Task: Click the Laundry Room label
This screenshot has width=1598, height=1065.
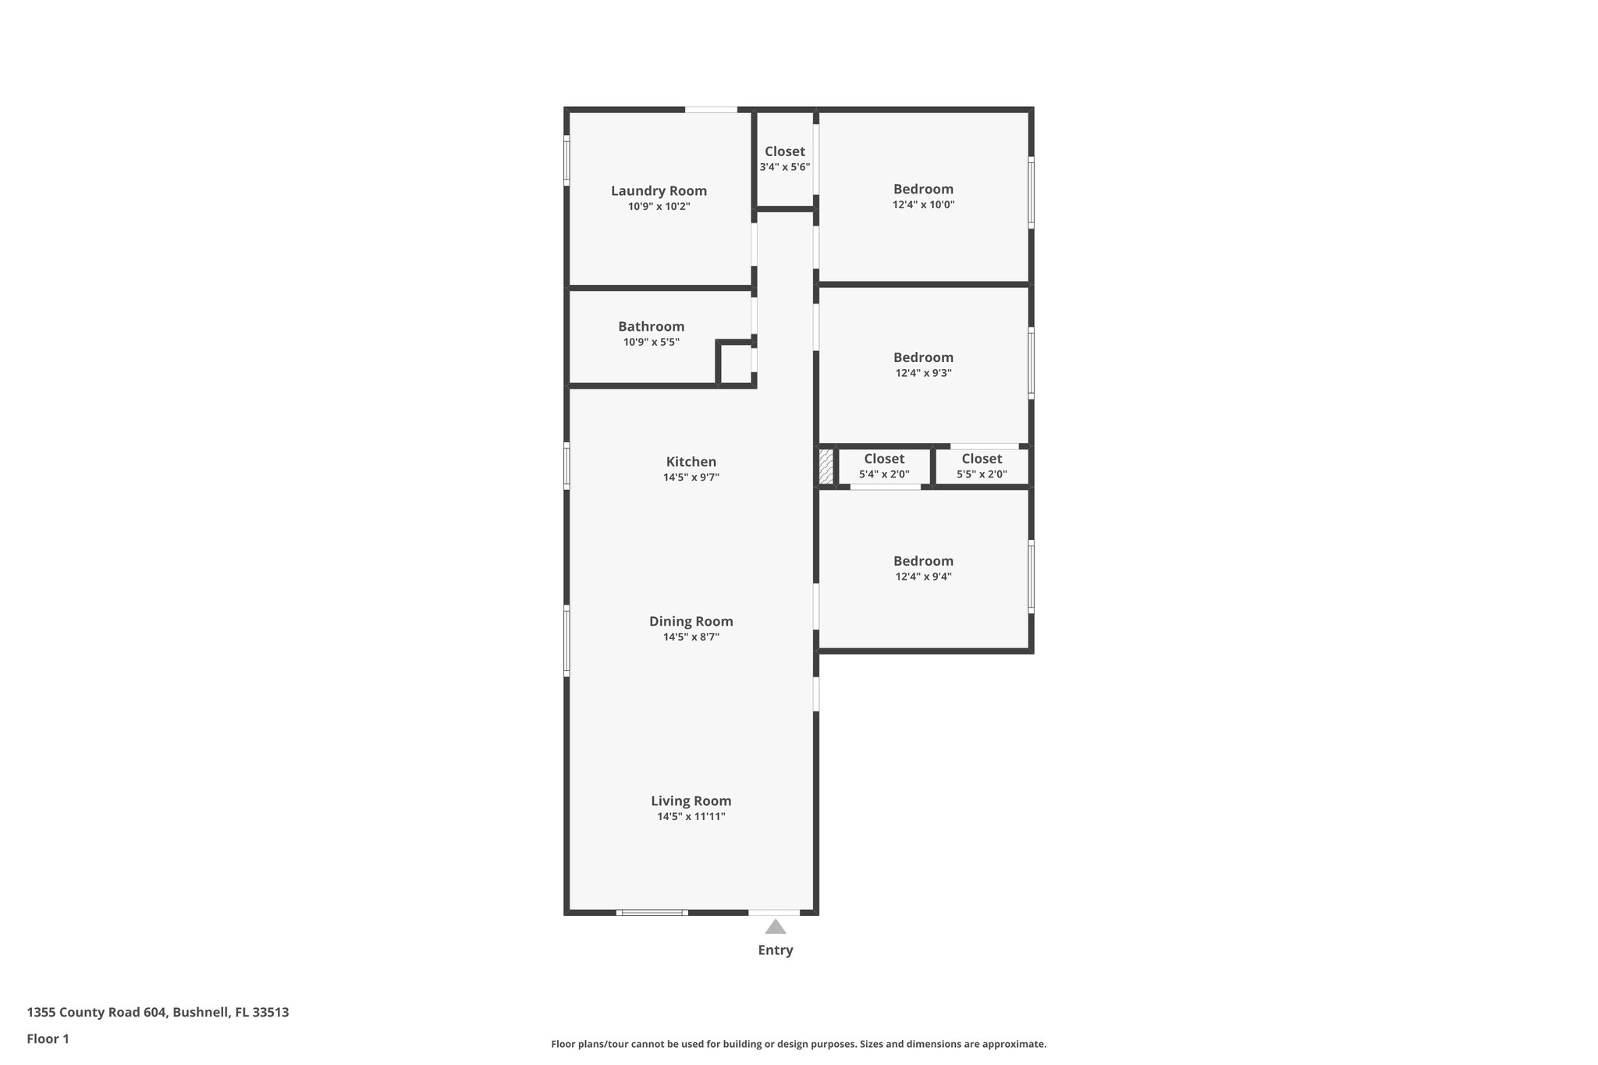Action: click(x=659, y=191)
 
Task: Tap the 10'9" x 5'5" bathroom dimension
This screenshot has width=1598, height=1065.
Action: click(x=651, y=343)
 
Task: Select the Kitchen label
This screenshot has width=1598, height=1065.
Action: click(x=691, y=462)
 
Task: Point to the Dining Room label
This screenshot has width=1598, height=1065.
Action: click(x=691, y=622)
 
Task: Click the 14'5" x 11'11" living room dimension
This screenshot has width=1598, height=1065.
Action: click(x=691, y=817)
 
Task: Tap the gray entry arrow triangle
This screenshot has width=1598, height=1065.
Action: click(x=775, y=927)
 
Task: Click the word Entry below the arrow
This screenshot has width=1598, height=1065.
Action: click(x=775, y=950)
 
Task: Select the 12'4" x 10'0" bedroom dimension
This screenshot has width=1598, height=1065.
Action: click(x=923, y=205)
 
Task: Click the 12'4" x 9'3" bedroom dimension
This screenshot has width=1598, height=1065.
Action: click(x=923, y=374)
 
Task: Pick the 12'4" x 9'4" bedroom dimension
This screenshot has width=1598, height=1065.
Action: click(x=923, y=577)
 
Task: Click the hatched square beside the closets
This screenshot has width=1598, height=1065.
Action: click(x=826, y=467)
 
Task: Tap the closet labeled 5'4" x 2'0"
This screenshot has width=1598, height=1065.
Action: click(x=884, y=467)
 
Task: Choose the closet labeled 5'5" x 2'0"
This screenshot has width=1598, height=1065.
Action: click(x=982, y=467)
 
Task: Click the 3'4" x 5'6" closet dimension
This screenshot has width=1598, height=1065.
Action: click(x=784, y=168)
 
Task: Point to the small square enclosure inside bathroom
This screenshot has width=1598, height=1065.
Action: click(x=736, y=364)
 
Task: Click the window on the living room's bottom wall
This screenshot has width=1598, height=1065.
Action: click(x=652, y=912)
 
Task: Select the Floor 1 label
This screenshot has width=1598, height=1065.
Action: click(x=48, y=1039)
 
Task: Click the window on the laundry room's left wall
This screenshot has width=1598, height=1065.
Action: click(x=566, y=160)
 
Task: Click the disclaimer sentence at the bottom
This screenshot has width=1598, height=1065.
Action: click(x=798, y=1044)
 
